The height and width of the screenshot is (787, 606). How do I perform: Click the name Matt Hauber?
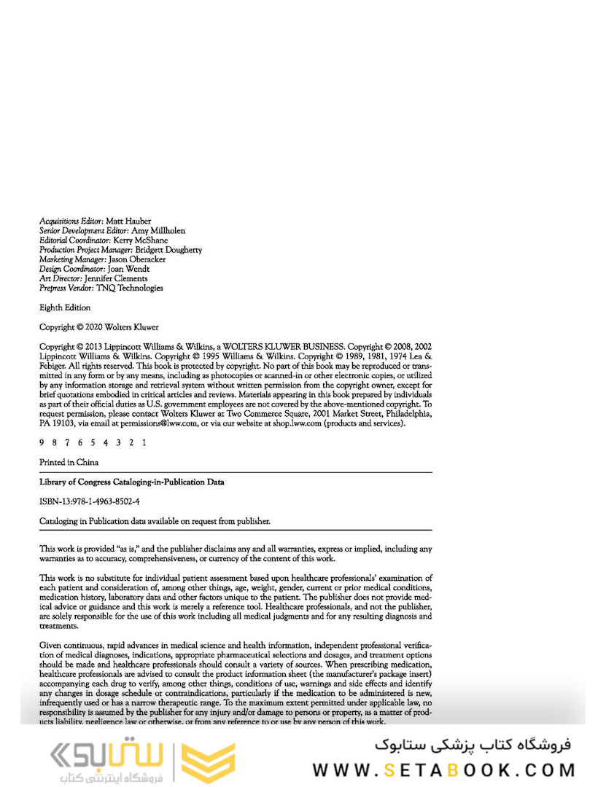coord(128,220)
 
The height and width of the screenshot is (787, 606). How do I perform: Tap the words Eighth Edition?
coord(65,308)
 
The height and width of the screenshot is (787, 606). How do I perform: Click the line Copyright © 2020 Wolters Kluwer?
coord(98,327)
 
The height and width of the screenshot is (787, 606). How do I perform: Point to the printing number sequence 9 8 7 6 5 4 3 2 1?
coord(93,442)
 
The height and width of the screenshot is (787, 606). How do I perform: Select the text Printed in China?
coord(69,462)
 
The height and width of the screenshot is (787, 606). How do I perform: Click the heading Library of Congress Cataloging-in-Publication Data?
coord(131,482)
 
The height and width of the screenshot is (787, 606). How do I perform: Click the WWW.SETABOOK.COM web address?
coord(443,769)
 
